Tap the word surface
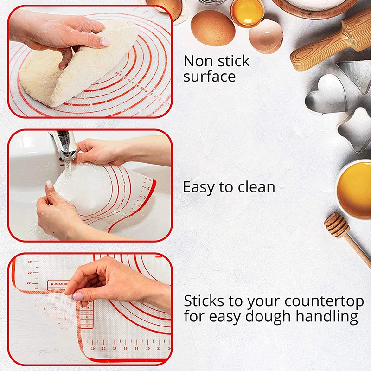[210, 77]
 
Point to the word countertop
[324, 301]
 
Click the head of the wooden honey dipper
[336, 224]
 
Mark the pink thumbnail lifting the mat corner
[78, 296]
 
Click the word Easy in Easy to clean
[200, 187]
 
